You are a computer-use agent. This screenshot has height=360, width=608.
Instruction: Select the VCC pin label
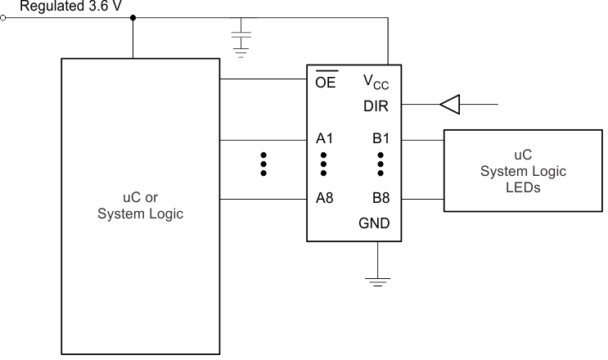[x=376, y=82]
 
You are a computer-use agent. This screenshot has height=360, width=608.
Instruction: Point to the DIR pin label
[x=376, y=105]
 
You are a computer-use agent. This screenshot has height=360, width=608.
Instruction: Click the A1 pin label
[x=324, y=138]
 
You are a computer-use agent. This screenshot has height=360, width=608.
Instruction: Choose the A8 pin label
[x=324, y=199]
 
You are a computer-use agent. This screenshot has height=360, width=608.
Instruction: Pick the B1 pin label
[x=380, y=138]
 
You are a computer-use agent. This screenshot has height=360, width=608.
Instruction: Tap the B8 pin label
[x=380, y=199]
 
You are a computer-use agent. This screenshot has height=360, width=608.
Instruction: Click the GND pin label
[x=375, y=223]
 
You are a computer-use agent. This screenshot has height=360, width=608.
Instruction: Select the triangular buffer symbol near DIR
[x=450, y=104]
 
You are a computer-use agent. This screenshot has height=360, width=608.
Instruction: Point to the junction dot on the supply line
[x=133, y=17]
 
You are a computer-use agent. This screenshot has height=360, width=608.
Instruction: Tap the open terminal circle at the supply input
[x=3, y=17]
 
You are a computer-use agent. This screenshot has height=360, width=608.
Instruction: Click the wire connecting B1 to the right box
[x=421, y=139]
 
